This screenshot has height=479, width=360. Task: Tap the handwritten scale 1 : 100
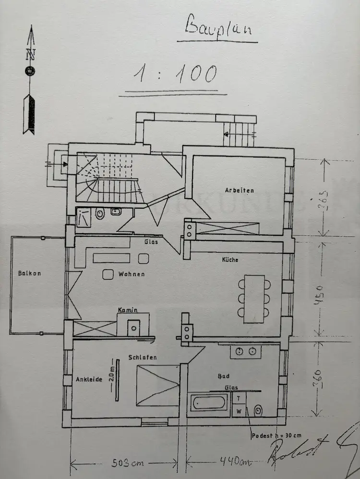(175, 75)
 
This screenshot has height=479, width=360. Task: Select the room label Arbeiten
(240, 190)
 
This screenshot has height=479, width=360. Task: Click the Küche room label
(230, 260)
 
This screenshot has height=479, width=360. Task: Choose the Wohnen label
(131, 274)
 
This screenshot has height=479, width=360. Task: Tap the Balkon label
(29, 274)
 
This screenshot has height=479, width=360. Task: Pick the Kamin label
(129, 310)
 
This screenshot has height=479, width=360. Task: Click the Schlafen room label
(143, 357)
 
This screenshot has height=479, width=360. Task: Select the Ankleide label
(89, 379)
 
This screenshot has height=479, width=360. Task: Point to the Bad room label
(224, 376)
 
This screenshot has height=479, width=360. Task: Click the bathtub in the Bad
(208, 402)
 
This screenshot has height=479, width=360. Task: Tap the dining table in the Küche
(254, 298)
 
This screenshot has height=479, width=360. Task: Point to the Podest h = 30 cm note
(276, 435)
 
